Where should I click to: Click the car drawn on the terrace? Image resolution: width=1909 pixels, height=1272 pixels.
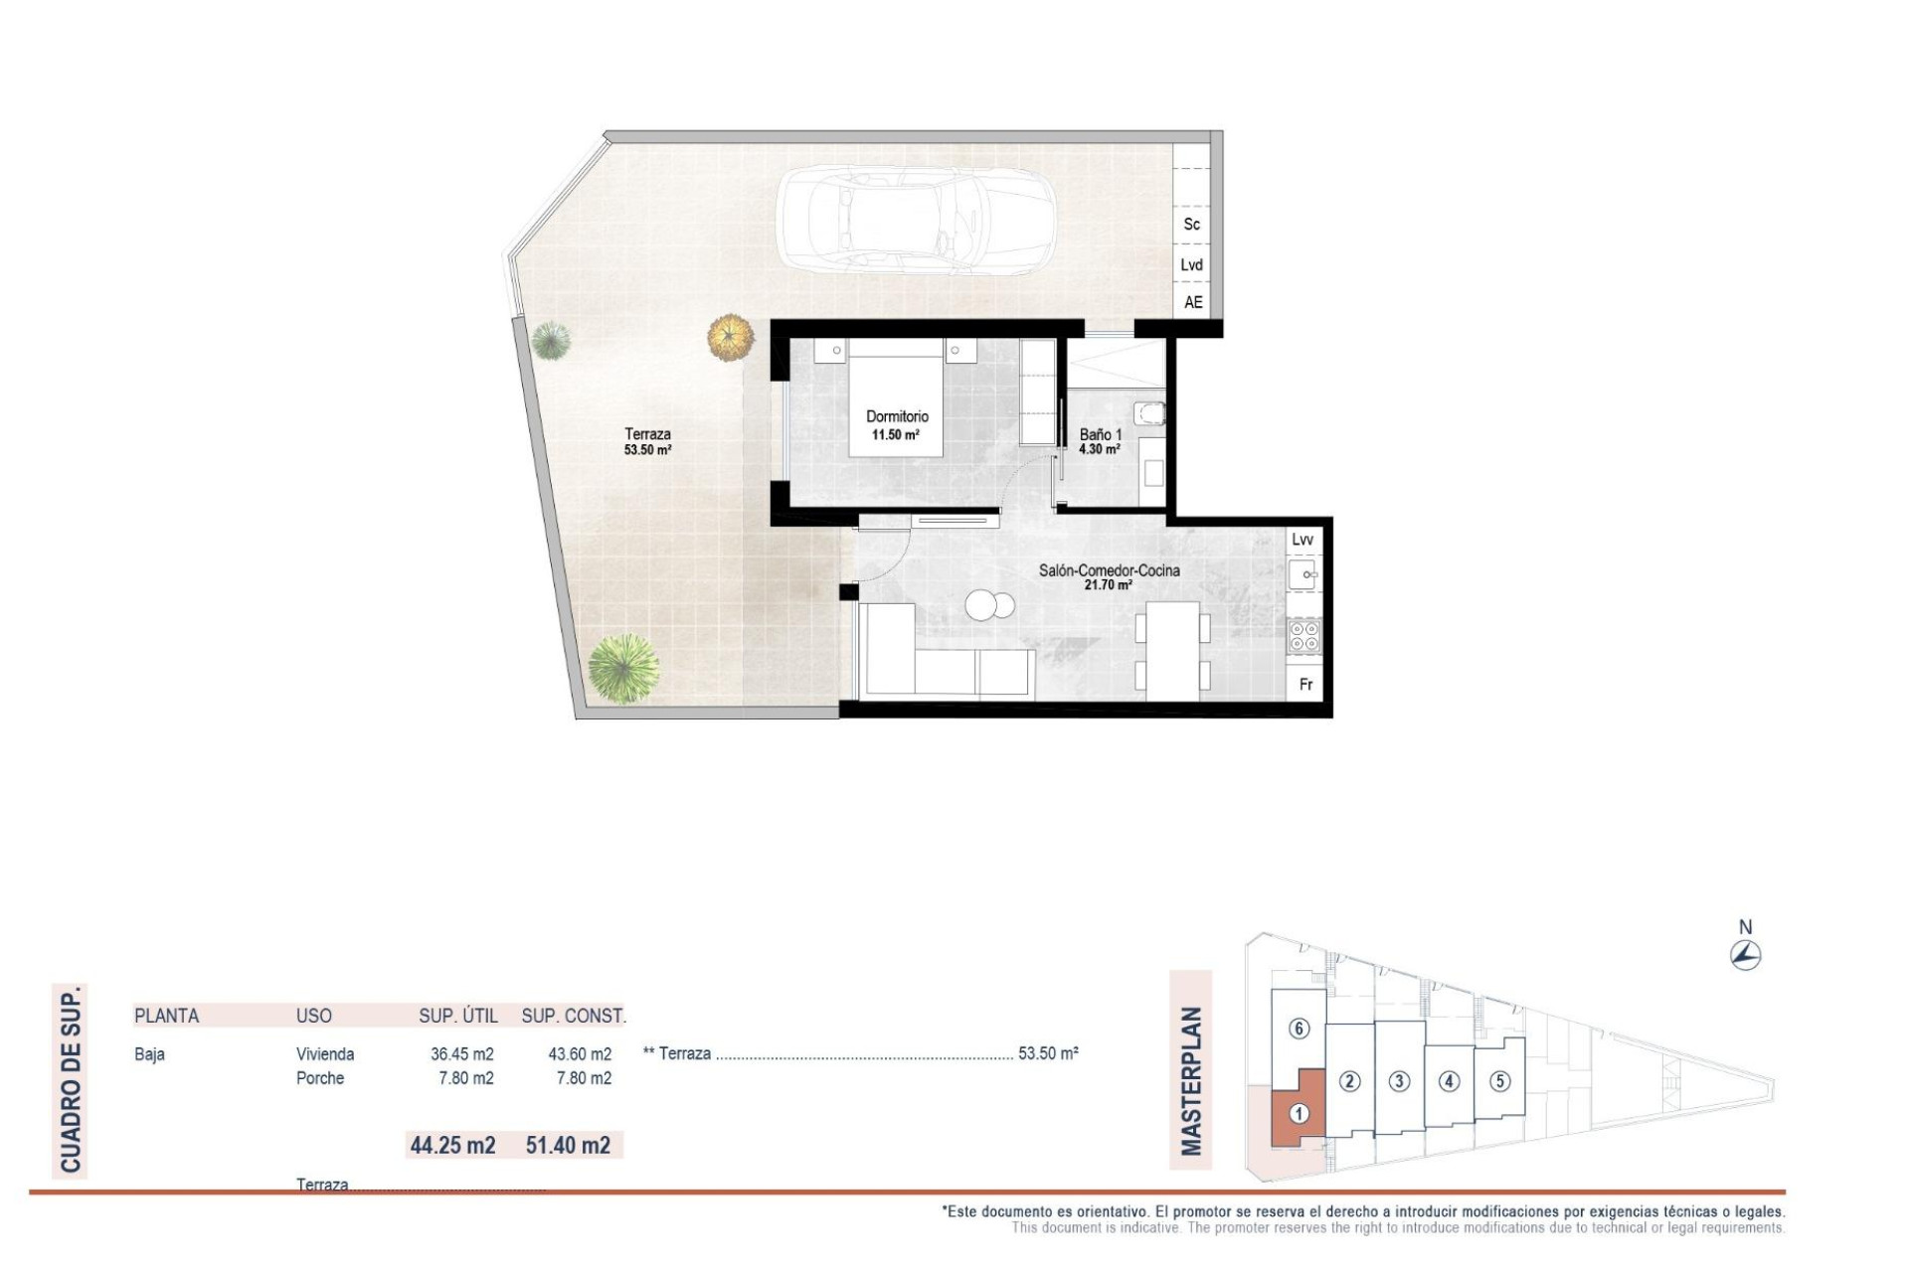[915, 221]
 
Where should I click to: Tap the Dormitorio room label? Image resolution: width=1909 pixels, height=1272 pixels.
[896, 424]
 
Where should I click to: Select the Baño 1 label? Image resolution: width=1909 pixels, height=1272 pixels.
[1100, 441]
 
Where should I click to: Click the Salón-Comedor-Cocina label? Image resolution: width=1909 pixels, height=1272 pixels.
[1109, 576]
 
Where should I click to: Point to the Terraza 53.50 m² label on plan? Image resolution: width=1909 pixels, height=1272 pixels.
[647, 441]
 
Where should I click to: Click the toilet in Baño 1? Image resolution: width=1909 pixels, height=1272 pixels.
[1149, 413]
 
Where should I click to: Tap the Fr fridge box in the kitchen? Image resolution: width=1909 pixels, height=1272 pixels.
[1305, 685]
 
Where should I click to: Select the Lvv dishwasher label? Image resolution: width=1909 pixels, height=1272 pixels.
[1302, 540]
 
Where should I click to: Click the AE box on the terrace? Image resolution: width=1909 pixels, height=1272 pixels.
[1192, 302]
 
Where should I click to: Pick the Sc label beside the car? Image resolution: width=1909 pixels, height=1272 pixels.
[1191, 225]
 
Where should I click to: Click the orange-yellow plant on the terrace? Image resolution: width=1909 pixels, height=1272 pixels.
[731, 337]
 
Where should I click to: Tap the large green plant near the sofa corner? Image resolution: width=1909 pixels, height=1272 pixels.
[623, 669]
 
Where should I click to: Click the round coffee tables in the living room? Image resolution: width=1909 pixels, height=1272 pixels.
[990, 604]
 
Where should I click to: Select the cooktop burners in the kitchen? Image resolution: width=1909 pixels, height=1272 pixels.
[1303, 636]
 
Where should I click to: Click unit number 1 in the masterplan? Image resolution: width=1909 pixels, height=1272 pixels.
[1298, 1114]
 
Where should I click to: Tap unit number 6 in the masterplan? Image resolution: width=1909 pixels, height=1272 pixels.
[1298, 1029]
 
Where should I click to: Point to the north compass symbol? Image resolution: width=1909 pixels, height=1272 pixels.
[1745, 954]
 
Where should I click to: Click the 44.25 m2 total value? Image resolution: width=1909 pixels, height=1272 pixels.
[452, 1145]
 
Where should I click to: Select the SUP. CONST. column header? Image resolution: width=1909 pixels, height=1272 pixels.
[573, 1016]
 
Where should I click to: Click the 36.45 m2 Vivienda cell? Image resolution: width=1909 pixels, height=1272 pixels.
[461, 1054]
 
